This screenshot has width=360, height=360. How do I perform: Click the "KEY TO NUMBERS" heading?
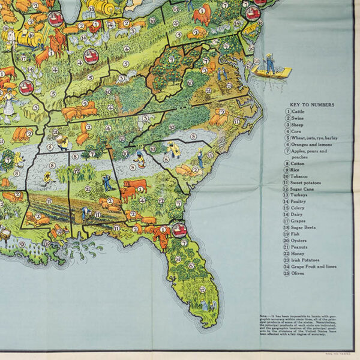310,104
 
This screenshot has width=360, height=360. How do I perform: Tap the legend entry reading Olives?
301,274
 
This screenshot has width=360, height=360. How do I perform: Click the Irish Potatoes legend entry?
308,259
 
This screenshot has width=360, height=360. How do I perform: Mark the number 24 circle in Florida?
178,259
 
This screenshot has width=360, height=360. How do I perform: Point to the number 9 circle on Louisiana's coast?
22,244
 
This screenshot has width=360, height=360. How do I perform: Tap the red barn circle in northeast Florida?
179,229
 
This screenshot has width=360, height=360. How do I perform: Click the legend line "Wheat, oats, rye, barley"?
315,138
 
